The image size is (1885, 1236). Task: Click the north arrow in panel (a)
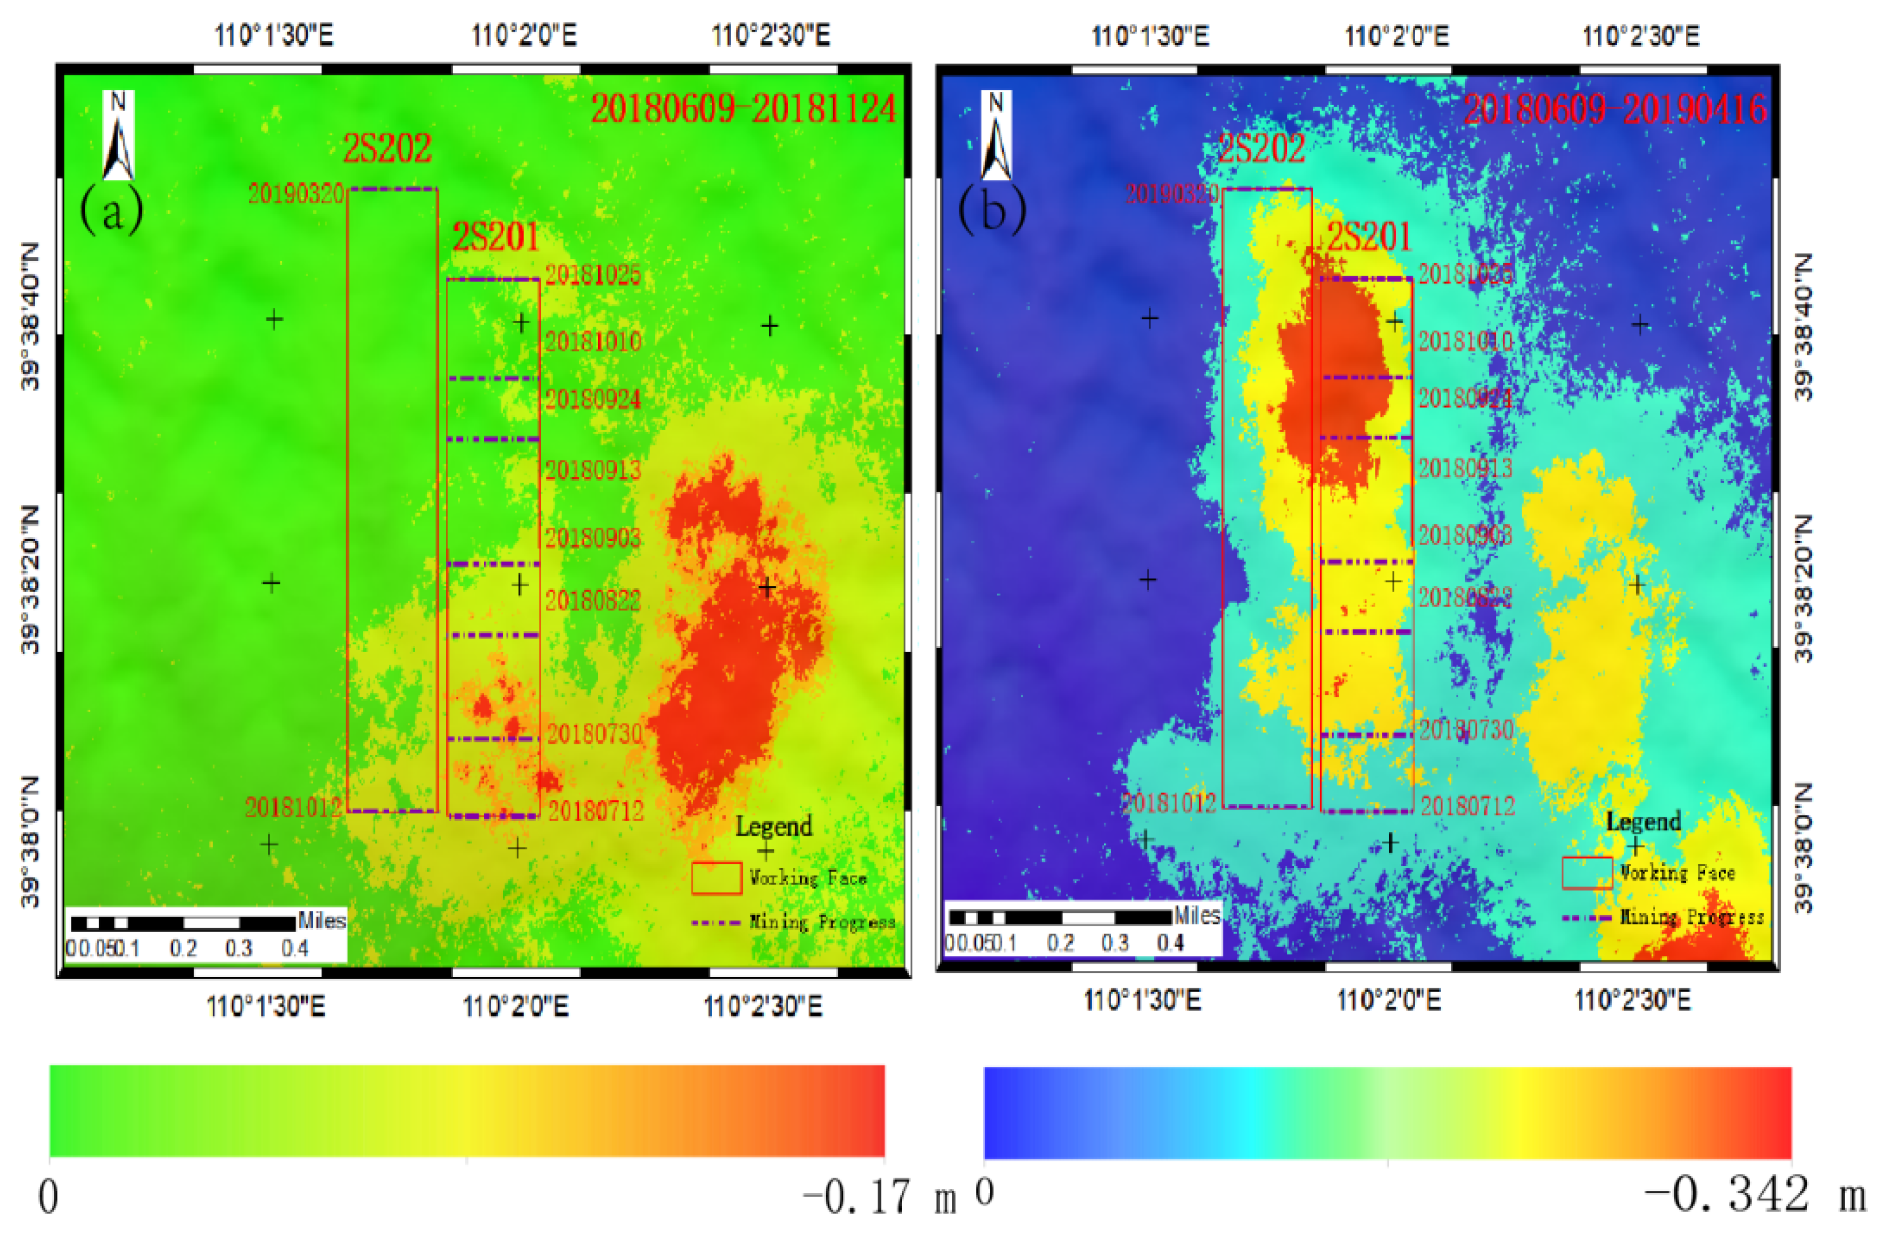coord(118,136)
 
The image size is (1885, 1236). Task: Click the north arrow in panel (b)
coord(996,136)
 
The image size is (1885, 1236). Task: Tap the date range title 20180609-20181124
coord(743,108)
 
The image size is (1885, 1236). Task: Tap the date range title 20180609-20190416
coord(1615,108)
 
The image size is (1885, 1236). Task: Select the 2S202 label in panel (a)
coord(386,148)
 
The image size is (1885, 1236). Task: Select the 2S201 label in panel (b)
coord(1369,236)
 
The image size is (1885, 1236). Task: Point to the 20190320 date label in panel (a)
coord(295,193)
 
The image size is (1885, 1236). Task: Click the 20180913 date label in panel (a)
coord(592,470)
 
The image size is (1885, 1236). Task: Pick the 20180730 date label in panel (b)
coord(1466,730)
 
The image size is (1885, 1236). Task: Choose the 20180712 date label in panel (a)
coord(595,810)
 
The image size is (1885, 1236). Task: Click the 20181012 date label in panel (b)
coord(1169,803)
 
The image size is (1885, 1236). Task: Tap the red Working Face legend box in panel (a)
coord(716,878)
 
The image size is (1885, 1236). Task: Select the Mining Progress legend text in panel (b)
coord(1692,917)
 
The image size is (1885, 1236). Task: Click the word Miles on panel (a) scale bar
coord(322,921)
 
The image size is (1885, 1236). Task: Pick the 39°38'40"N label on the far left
coord(29,317)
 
